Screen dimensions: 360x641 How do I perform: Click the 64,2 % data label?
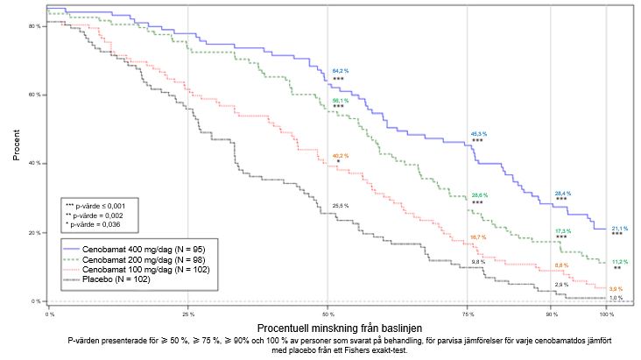point(341,70)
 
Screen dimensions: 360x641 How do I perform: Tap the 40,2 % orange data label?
point(340,156)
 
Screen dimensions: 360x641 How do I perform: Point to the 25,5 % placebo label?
point(340,206)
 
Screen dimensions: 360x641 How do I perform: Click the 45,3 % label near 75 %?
point(479,134)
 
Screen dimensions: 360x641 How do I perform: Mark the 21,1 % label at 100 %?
point(618,228)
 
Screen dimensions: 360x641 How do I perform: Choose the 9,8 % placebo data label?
point(478,262)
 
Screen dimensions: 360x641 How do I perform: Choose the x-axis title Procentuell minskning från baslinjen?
point(329,327)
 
